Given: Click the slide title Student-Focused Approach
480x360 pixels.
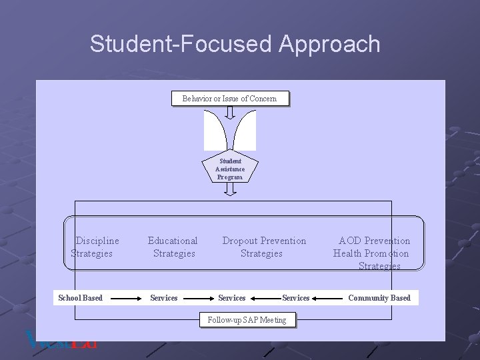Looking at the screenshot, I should (x=235, y=44).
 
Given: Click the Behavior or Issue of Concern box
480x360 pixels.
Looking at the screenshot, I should (x=229, y=99).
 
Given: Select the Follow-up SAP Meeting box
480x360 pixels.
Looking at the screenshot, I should (x=247, y=320).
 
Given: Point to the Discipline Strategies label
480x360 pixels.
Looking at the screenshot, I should (x=93, y=247).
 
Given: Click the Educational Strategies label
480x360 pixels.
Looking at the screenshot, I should (x=173, y=247).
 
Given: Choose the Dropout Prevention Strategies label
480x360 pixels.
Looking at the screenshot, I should (x=263, y=247).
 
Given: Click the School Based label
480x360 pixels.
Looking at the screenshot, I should (x=81, y=298).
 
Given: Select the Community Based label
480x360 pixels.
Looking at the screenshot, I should (x=379, y=298).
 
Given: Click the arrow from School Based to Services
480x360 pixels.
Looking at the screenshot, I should (x=126, y=298).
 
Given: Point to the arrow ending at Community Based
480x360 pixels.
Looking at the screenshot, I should (x=329, y=298).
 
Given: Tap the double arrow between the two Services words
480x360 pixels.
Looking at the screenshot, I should (x=263, y=298).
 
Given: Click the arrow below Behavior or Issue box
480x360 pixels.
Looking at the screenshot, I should (x=230, y=112).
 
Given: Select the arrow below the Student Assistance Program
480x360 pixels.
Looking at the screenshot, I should (x=230, y=190).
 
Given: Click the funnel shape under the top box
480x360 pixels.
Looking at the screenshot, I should (x=230, y=131).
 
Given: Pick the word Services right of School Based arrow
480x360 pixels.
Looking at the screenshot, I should (x=164, y=298).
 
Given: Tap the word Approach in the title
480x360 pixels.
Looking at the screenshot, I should (x=329, y=44).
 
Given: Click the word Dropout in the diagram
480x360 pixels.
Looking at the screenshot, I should (x=240, y=241).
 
